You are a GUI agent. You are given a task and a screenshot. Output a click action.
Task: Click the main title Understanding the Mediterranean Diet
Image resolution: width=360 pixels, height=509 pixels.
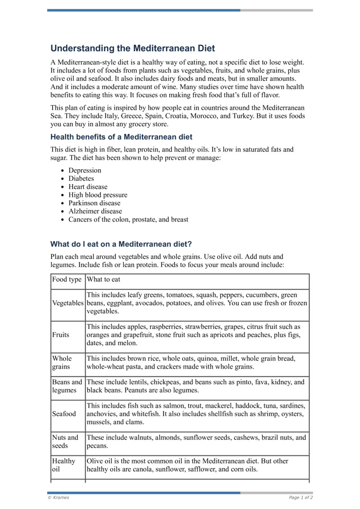click(133, 48)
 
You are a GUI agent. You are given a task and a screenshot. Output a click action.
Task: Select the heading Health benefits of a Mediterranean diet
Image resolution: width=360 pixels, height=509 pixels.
click(121, 137)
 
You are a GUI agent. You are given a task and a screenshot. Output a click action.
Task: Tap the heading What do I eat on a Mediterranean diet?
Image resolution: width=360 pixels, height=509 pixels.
click(121, 244)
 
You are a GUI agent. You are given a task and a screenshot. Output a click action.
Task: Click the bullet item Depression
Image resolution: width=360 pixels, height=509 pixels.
click(85, 171)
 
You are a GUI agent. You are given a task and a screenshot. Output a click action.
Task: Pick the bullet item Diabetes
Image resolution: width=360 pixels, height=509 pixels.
click(81, 179)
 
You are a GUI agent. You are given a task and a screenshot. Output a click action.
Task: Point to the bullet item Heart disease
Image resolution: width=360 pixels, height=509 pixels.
click(88, 187)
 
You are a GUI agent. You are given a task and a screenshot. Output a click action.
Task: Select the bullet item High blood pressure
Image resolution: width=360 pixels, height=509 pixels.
click(98, 195)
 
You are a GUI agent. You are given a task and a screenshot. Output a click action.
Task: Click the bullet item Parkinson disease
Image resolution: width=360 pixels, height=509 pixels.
click(94, 203)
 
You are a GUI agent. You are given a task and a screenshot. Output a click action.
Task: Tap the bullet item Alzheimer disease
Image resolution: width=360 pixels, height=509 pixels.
click(95, 211)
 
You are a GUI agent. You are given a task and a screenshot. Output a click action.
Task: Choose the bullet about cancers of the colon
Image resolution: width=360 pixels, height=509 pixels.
click(128, 220)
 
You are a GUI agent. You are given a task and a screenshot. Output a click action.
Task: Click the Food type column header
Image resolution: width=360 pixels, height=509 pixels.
click(67, 279)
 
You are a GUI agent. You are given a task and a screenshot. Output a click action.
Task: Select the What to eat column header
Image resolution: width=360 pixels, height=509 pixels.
click(103, 279)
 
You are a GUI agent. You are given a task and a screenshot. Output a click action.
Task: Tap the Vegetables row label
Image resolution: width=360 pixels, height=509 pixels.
click(68, 303)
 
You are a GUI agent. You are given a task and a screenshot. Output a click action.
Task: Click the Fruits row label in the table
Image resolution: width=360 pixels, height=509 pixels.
click(61, 335)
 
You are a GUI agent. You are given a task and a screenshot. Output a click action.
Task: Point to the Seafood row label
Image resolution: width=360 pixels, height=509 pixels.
click(64, 414)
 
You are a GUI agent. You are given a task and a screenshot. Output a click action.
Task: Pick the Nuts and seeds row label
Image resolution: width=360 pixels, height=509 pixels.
click(65, 441)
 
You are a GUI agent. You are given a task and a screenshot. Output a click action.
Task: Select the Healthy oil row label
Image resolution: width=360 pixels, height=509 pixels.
click(63, 465)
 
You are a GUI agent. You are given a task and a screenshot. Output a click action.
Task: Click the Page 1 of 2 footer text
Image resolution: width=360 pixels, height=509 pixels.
click(301, 498)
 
